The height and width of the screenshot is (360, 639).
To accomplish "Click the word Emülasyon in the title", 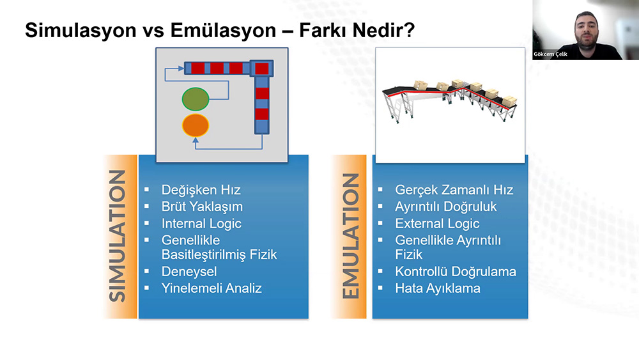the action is click(x=223, y=31).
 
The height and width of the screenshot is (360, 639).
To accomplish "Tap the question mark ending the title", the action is click(x=410, y=30).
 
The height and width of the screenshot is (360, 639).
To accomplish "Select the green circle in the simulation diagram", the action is click(x=196, y=99).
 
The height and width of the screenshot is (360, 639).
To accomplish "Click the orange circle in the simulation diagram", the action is click(x=196, y=125).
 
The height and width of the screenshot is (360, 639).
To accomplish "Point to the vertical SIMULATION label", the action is click(x=118, y=236).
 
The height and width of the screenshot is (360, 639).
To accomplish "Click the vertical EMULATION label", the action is click(x=350, y=236).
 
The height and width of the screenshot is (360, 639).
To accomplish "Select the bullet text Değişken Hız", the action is click(x=201, y=190).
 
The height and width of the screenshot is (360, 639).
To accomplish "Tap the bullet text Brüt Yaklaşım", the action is click(x=202, y=207).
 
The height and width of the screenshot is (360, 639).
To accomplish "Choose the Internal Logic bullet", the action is click(x=201, y=223).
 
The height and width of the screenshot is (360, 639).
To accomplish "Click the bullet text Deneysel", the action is click(x=189, y=272).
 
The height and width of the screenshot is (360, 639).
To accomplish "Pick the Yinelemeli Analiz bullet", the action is click(x=212, y=288).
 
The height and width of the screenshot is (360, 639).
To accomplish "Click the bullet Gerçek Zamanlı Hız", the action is click(x=454, y=190).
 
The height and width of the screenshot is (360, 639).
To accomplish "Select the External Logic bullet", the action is click(x=437, y=223).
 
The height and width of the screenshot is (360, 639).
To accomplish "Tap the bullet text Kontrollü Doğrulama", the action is click(x=456, y=272).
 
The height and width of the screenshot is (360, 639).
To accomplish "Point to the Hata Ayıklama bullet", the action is click(x=438, y=288).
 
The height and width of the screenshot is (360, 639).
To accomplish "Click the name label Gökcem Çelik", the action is click(x=550, y=54).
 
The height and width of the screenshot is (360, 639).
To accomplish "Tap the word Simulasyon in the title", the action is click(x=81, y=31).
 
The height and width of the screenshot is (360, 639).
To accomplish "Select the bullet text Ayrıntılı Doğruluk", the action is click(x=446, y=207).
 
